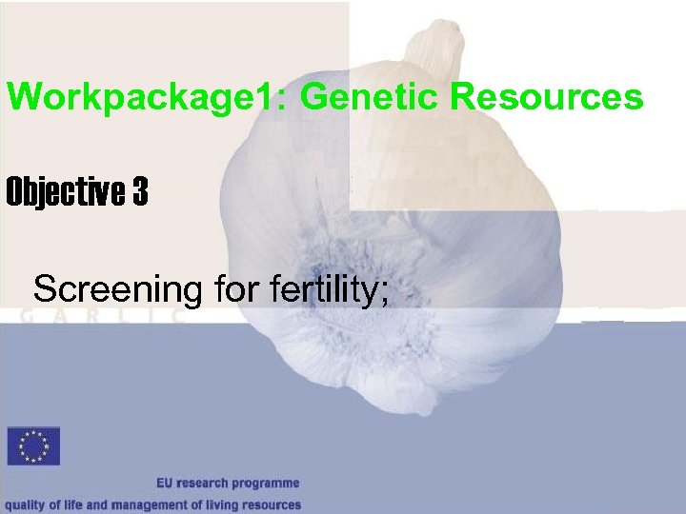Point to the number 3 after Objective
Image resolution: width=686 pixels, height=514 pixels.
[x=140, y=193]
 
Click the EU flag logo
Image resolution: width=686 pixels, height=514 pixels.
[x=33, y=446]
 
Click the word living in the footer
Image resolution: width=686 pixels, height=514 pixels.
[x=218, y=505]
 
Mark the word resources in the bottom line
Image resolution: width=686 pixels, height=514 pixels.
[x=272, y=505]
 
